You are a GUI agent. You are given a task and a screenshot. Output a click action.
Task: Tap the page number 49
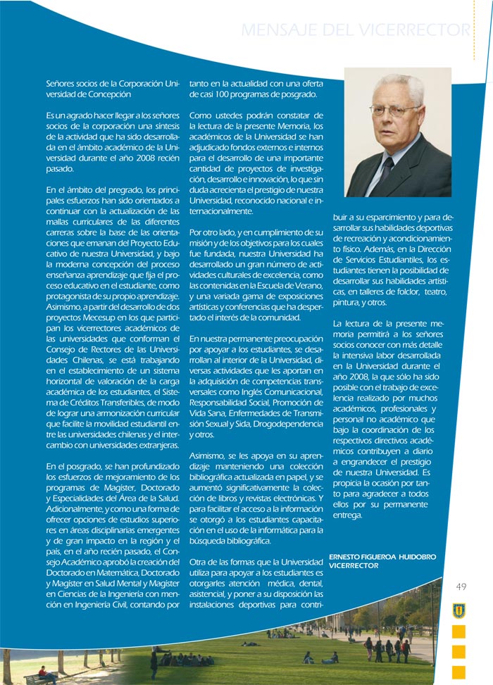(461, 587)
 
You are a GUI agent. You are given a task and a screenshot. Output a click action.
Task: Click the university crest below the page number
(458, 610)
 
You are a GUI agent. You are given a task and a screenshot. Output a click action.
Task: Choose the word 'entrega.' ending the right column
(347, 515)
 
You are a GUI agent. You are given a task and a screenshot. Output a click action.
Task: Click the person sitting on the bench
(44, 673)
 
